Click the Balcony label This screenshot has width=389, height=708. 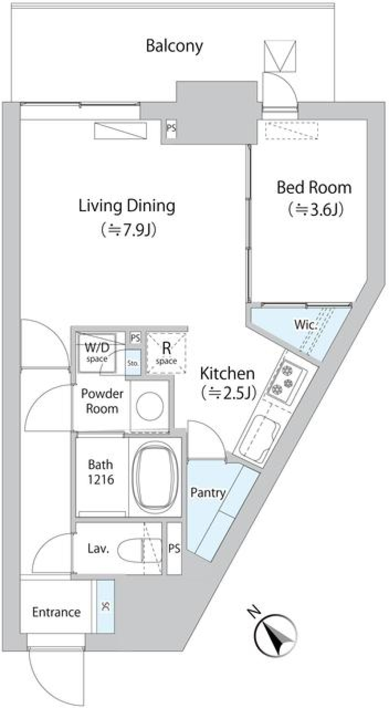click(x=174, y=46)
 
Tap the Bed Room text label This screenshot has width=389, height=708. click(x=314, y=188)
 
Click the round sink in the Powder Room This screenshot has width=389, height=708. click(x=150, y=406)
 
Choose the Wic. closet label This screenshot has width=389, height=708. click(x=305, y=324)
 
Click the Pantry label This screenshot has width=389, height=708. click(x=208, y=493)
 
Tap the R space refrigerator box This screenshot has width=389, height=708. click(x=167, y=352)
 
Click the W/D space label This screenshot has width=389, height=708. click(x=97, y=351)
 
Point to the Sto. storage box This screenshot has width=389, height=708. click(x=133, y=363)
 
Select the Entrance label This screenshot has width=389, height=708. click(x=56, y=612)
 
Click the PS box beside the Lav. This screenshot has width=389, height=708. click(x=174, y=549)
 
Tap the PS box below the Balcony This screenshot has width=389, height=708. click(x=171, y=128)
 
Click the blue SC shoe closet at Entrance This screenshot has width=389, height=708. click(x=105, y=606)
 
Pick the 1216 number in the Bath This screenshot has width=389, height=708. click(x=101, y=479)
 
